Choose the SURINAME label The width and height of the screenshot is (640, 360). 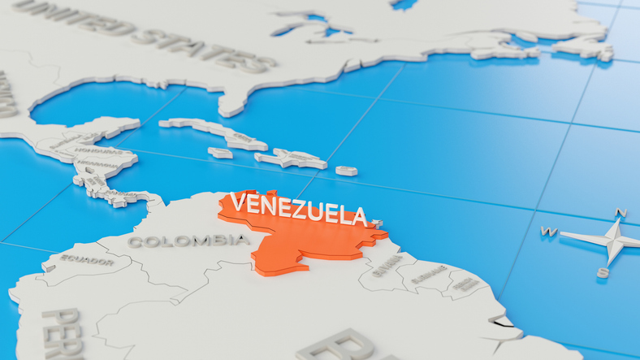(x=428, y=277)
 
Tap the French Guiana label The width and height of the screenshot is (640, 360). (x=465, y=284)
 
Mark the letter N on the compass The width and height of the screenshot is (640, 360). (x=621, y=213)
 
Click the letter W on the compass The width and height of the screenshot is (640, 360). (x=549, y=232)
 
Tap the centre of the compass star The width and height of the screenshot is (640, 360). (x=611, y=240)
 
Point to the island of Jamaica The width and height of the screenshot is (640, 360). (x=220, y=153)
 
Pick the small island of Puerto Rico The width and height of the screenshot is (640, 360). (x=346, y=171)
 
